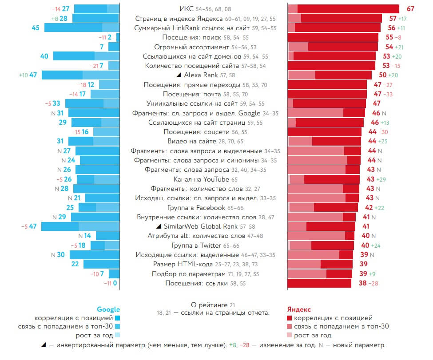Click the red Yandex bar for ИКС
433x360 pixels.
click(x=344, y=9)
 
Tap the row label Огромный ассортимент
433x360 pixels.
click(x=191, y=47)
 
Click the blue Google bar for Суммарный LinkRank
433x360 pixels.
click(x=82, y=28)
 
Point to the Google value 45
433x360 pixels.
click(x=36, y=28)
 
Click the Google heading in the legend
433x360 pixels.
click(x=108, y=309)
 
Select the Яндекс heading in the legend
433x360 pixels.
click(x=299, y=309)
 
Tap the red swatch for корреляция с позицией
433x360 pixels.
click(x=290, y=318)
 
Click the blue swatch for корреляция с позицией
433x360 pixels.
click(x=117, y=318)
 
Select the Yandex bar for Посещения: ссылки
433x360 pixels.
click(x=319, y=283)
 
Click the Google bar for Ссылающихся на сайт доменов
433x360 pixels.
click(x=86, y=56)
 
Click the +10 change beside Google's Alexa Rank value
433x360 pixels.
click(x=23, y=75)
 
